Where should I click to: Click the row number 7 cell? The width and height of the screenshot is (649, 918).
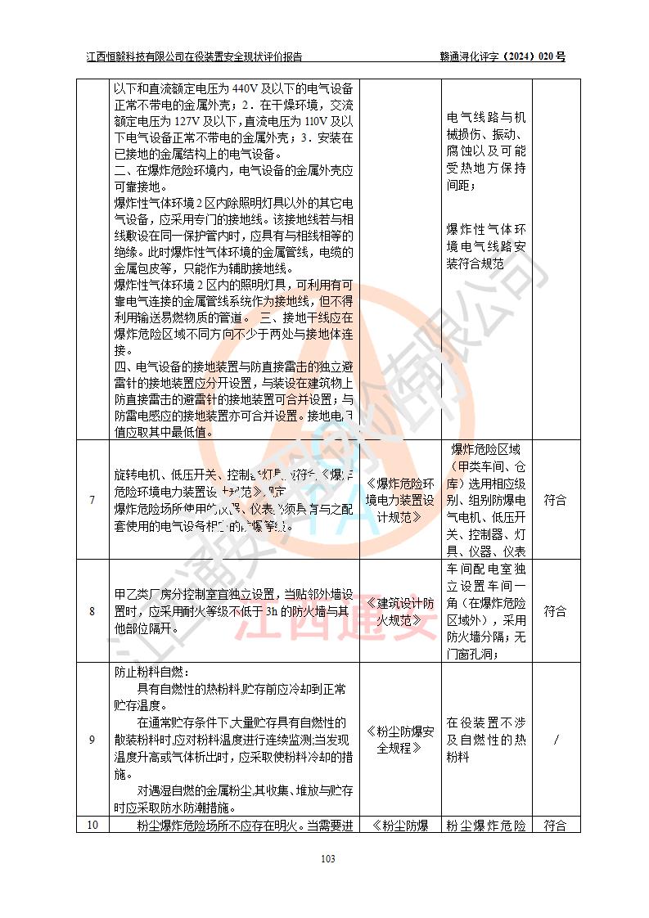(x=92, y=500)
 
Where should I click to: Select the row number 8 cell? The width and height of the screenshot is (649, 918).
(x=92, y=611)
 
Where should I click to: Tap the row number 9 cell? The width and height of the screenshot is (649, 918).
(x=92, y=740)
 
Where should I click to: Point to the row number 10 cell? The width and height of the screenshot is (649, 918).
(x=92, y=825)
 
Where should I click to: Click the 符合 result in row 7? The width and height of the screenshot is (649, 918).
(x=556, y=500)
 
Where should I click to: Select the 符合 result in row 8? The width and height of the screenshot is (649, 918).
(x=556, y=611)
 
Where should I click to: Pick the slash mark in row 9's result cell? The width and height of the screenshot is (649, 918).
(x=557, y=740)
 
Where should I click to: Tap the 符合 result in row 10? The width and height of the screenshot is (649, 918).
(x=556, y=826)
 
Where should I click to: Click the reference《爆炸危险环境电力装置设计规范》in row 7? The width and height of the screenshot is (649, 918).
(x=399, y=500)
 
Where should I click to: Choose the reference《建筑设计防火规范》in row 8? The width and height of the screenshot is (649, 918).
(x=399, y=611)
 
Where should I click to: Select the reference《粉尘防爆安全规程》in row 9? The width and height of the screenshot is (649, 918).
(x=399, y=740)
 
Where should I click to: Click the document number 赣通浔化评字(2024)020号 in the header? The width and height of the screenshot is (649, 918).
(x=503, y=57)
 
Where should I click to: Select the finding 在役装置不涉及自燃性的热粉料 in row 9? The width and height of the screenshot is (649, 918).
(x=486, y=740)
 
